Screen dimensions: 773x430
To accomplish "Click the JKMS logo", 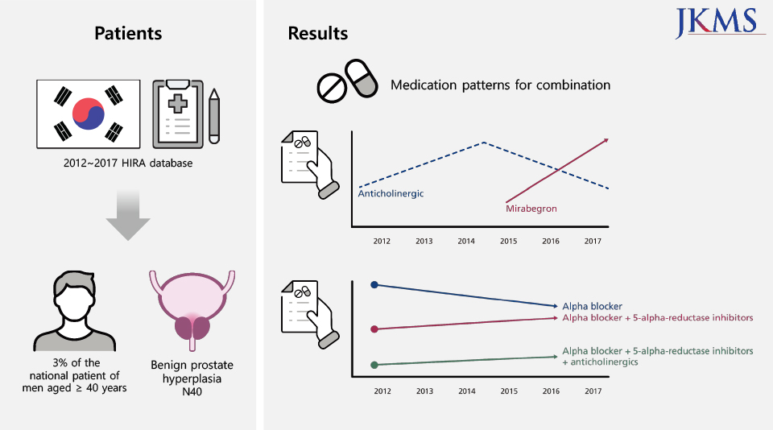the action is click(x=720, y=23).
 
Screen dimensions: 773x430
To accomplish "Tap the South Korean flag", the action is click(x=89, y=114).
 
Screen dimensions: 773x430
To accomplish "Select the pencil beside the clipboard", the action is click(x=214, y=117).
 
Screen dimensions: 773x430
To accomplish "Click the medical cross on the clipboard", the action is click(x=178, y=103).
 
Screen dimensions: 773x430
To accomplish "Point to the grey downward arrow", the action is click(x=128, y=215).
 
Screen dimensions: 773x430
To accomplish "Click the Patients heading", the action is click(x=128, y=33).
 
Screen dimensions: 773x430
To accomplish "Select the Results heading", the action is click(x=318, y=33).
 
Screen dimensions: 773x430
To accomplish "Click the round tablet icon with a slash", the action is click(x=332, y=89).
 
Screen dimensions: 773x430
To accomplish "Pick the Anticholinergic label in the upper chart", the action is click(x=391, y=193).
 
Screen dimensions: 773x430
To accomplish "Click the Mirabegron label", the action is click(x=531, y=208).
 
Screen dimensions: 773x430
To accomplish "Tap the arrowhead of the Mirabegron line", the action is click(x=606, y=141).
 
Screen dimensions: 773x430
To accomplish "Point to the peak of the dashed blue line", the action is click(x=484, y=142).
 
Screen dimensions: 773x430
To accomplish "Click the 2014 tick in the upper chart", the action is click(x=466, y=241).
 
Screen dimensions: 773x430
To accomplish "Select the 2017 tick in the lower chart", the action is click(x=593, y=391).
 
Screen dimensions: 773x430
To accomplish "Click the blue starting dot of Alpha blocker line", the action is click(x=374, y=284).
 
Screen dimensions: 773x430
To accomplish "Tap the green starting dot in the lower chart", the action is click(x=374, y=365).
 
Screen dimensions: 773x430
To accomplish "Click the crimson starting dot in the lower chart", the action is click(x=374, y=329).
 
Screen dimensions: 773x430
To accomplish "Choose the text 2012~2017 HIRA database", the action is click(x=128, y=163).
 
